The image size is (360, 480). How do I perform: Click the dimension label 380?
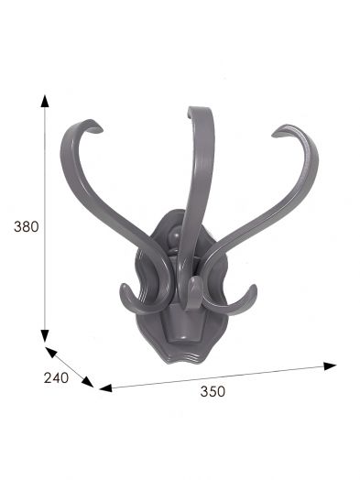pyautogui.click(x=27, y=227)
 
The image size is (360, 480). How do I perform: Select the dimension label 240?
pyautogui.click(x=56, y=378)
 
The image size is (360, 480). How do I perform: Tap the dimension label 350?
pyautogui.click(x=213, y=391)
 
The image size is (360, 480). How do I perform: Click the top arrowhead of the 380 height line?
pyautogui.click(x=45, y=101)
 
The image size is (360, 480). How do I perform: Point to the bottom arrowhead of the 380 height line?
pyautogui.click(x=45, y=336)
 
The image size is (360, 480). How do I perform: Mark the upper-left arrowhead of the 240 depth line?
pyautogui.click(x=50, y=352)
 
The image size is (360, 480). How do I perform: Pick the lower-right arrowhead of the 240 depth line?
pyautogui.click(x=88, y=382)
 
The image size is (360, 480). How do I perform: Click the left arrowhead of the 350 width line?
pyautogui.click(x=105, y=388)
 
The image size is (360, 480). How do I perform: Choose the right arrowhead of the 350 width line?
pyautogui.click(x=330, y=365)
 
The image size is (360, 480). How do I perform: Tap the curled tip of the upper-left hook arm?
pyautogui.click(x=97, y=128)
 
